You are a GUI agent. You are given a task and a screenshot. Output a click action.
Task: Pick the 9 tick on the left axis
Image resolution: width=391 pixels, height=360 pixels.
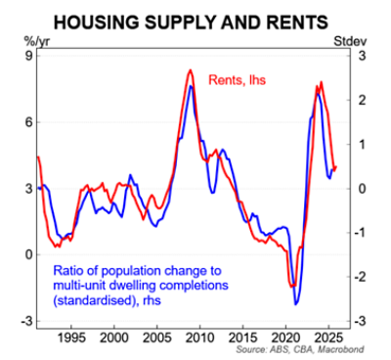point(27,56)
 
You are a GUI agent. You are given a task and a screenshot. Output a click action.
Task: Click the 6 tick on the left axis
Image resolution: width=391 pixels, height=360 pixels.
point(27,122)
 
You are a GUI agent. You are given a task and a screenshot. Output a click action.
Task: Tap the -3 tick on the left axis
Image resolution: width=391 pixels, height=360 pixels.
point(25,321)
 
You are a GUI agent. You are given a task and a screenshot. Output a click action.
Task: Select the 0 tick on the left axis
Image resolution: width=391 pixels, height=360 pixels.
point(27,254)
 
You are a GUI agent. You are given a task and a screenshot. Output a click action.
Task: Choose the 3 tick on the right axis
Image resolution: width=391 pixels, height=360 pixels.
point(360,56)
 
